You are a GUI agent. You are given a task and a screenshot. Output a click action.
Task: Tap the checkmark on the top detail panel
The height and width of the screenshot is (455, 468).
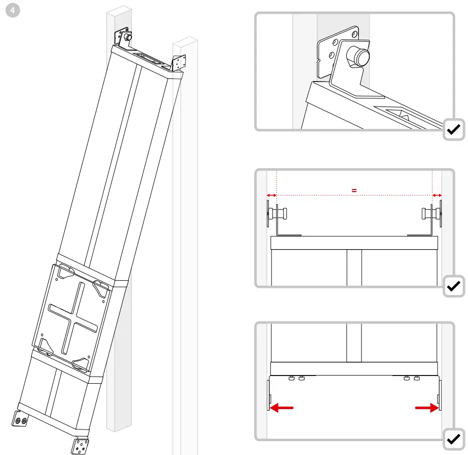454,130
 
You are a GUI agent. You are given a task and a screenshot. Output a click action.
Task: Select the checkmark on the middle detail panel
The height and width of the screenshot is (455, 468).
454,287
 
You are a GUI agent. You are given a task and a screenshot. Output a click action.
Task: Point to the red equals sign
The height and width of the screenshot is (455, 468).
354,190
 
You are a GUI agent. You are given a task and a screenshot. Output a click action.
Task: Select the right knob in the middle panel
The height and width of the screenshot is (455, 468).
428,213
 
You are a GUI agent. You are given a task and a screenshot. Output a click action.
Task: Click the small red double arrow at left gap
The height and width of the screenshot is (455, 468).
271,195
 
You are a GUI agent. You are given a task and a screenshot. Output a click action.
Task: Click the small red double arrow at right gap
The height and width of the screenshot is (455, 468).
436,195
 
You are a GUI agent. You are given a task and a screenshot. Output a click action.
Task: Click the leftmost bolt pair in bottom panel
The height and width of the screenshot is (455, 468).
296,378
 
